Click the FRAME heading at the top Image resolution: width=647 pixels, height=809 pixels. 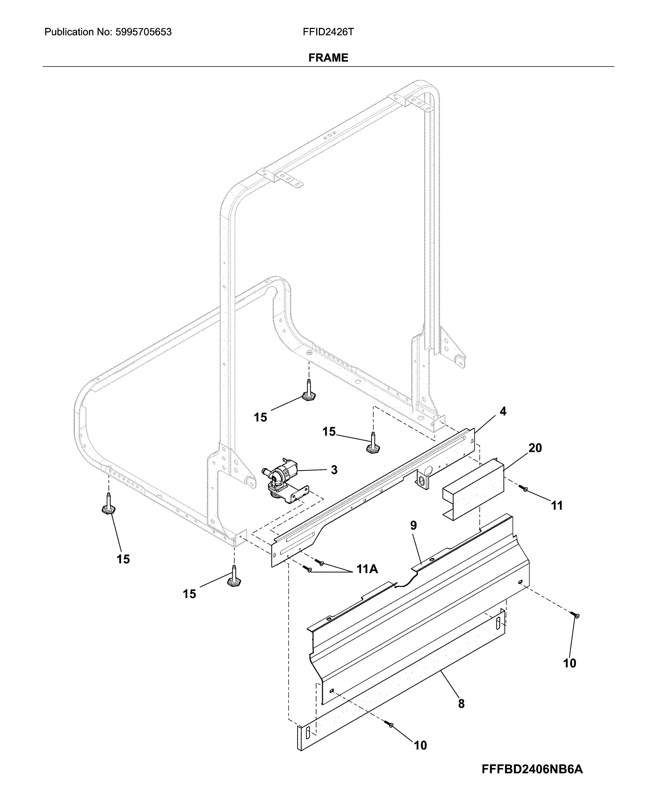click(x=328, y=58)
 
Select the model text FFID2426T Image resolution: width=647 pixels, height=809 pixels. click(x=328, y=32)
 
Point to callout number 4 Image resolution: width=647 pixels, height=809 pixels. click(x=503, y=411)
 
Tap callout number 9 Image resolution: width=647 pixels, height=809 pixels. click(x=413, y=525)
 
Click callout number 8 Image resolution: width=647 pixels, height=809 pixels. click(x=461, y=704)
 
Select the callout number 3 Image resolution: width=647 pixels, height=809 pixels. click(x=334, y=470)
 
